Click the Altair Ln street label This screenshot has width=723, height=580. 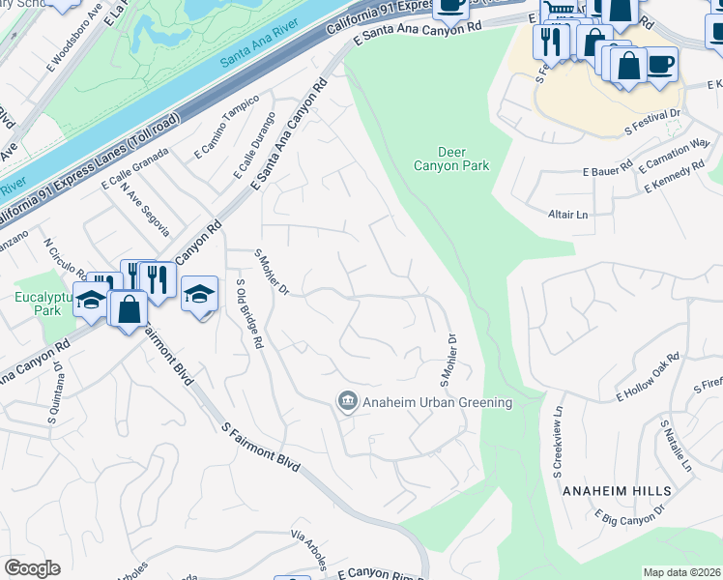[567, 214]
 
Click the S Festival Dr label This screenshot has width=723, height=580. [652, 119]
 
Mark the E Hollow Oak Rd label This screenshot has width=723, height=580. [649, 377]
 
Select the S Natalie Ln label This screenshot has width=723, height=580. [676, 447]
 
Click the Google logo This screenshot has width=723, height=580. [32, 568]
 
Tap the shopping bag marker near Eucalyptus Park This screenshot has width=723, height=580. [129, 309]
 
